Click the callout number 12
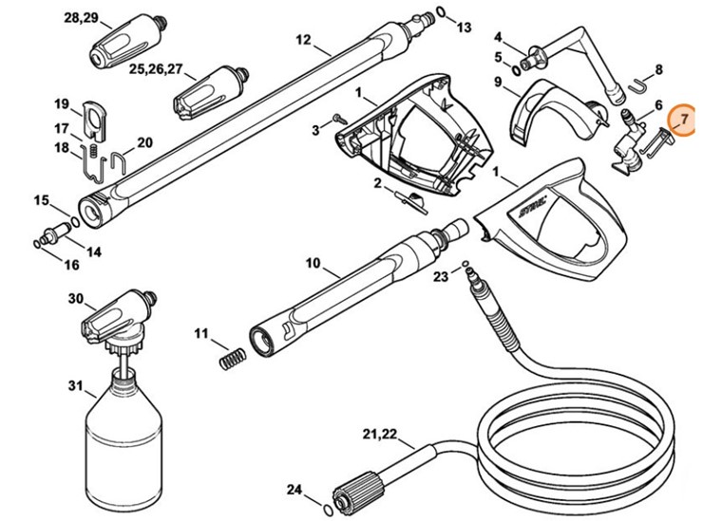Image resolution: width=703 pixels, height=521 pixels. point(303,40)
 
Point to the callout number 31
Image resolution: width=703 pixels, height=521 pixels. point(76,385)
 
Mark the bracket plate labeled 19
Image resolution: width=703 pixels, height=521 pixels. point(92,115)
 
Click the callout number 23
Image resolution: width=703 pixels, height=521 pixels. point(440,277)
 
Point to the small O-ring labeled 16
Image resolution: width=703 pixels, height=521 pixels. point(37,245)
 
